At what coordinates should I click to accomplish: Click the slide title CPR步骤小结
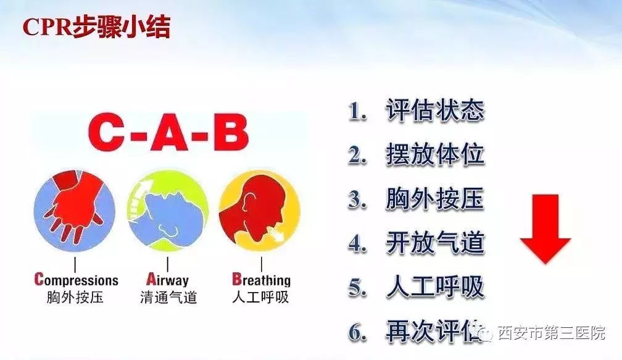click(x=96, y=27)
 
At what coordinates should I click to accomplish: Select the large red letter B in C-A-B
click(x=230, y=133)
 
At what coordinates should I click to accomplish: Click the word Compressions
click(x=76, y=280)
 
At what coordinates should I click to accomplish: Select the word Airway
click(x=167, y=280)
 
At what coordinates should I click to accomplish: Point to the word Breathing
click(x=261, y=280)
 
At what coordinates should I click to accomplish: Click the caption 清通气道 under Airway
click(x=168, y=297)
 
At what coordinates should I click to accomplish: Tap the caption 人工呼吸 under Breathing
click(x=260, y=297)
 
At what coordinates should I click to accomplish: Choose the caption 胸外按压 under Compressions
click(x=75, y=297)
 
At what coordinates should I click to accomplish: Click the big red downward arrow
click(x=545, y=229)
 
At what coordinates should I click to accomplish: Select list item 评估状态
click(x=435, y=110)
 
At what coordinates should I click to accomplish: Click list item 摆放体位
click(x=435, y=154)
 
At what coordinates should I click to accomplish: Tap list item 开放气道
click(x=435, y=243)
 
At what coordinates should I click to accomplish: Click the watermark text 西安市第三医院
click(x=551, y=333)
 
